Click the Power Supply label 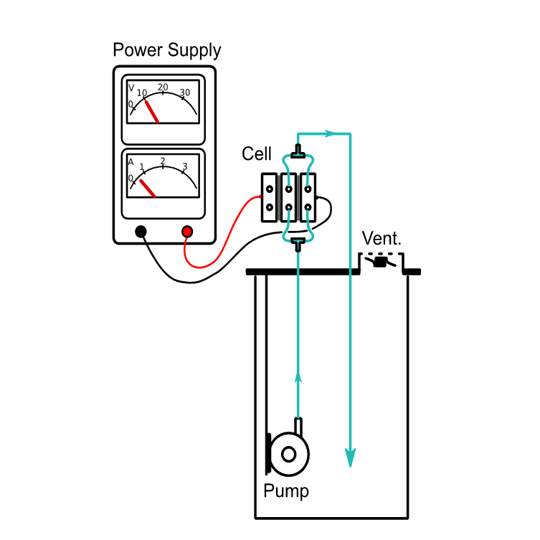[167, 51]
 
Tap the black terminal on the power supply [141, 231]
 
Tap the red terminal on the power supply [187, 231]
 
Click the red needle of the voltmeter [152, 111]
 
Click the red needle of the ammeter [147, 188]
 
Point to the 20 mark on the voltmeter [163, 87]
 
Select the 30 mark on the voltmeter [185, 93]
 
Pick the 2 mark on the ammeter [163, 161]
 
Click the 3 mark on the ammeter [184, 166]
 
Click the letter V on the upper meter [131, 88]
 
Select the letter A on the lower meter [131, 162]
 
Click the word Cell [257, 153]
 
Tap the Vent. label [382, 239]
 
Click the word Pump [286, 492]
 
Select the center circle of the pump [289, 454]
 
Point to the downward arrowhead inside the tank [350, 457]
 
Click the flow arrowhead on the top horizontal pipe [331, 133]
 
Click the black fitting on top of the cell [298, 153]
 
